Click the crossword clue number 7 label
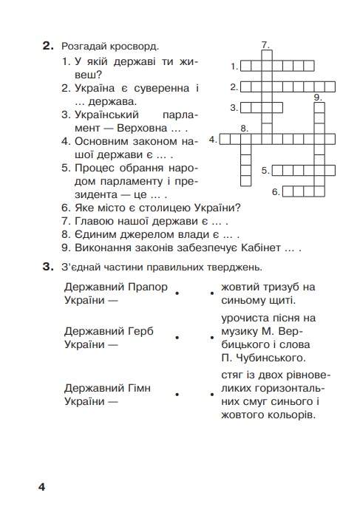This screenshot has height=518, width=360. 265,45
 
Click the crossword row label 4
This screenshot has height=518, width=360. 212,139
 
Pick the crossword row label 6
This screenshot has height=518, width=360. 275,192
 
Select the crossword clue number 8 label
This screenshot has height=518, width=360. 244,128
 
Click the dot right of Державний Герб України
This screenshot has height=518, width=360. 177,338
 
